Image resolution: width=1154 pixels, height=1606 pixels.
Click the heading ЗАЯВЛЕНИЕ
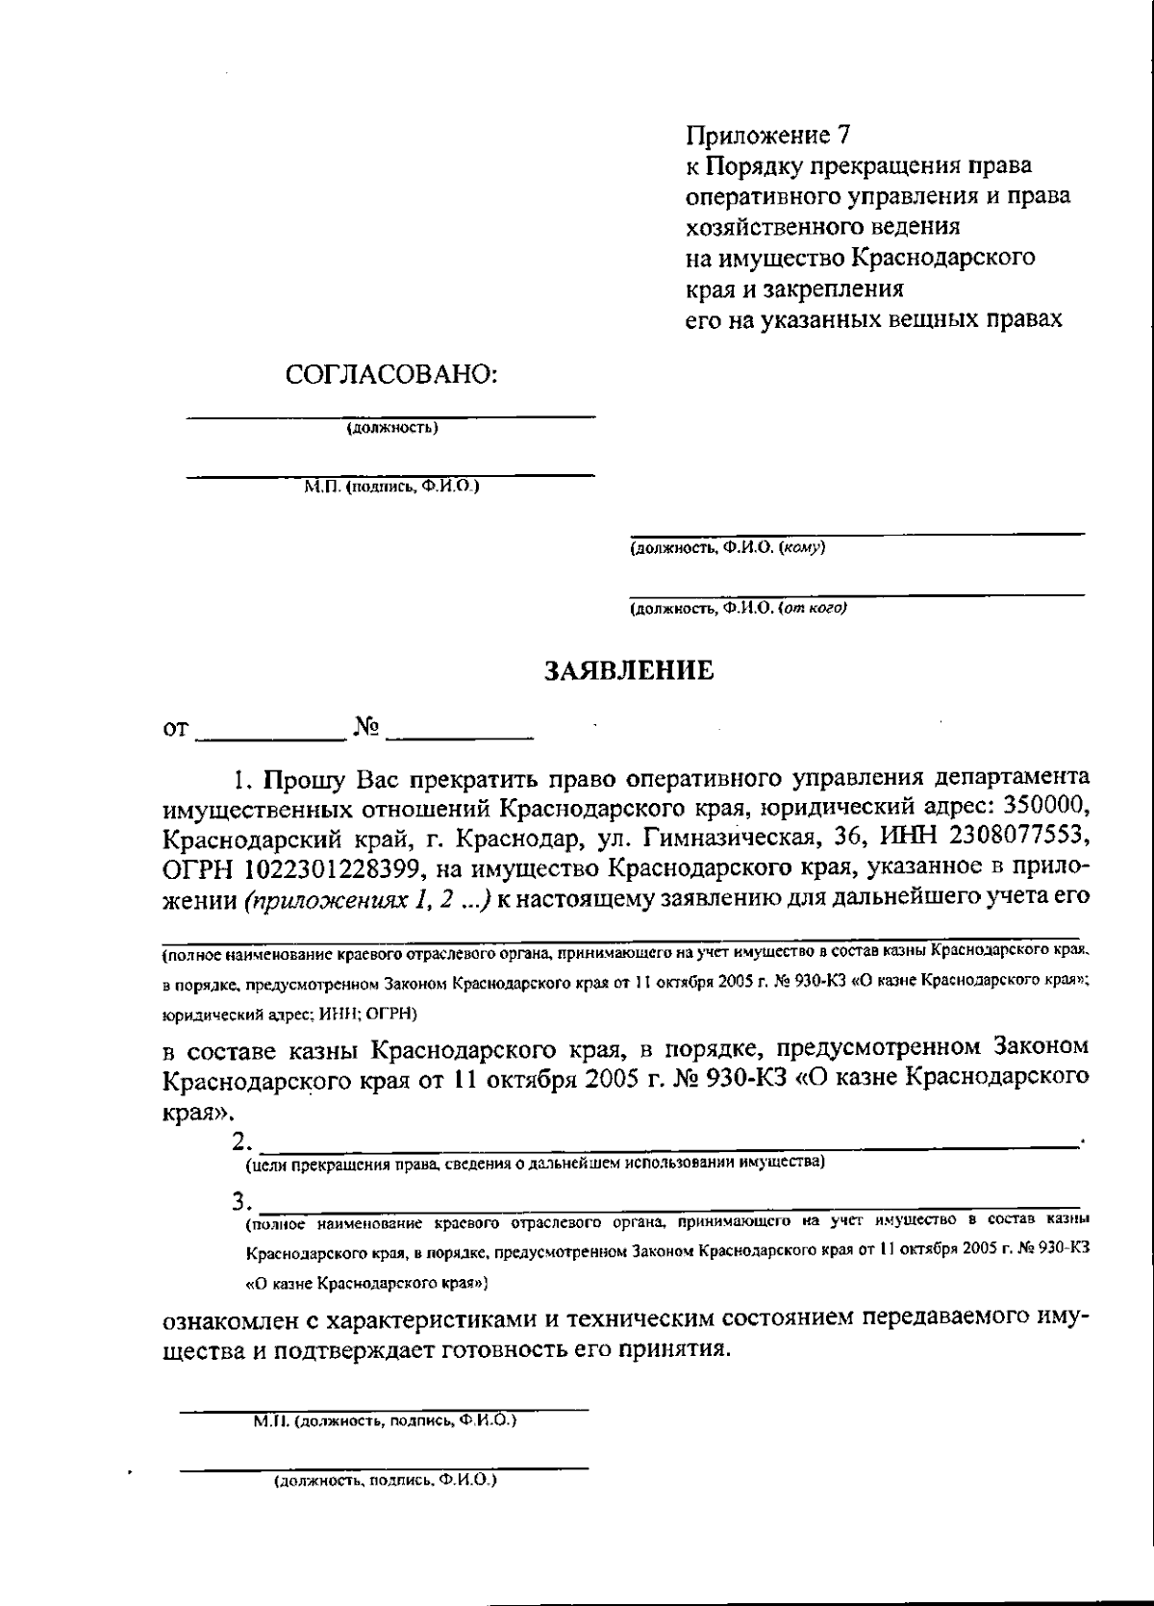(x=630, y=669)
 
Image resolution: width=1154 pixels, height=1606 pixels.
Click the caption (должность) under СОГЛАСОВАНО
(x=392, y=429)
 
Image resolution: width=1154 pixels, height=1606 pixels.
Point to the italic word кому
(x=801, y=548)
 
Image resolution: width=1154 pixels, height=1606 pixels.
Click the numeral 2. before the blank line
(x=243, y=1142)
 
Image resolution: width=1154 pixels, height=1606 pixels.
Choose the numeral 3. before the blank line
(x=242, y=1202)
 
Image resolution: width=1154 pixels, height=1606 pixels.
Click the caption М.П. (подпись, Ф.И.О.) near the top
(x=391, y=488)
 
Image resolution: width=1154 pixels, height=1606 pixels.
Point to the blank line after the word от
(x=271, y=736)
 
